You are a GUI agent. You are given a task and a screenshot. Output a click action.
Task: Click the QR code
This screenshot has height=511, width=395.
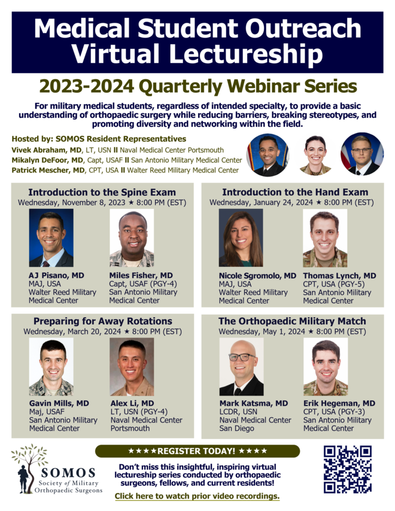tap(347, 469)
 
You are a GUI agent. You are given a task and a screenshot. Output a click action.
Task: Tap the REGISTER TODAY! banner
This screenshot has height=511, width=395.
tap(197, 451)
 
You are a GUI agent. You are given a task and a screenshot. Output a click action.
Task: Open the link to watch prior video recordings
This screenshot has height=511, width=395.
tap(197, 496)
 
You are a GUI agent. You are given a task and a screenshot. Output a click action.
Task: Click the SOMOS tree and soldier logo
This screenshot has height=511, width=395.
tap(29, 468)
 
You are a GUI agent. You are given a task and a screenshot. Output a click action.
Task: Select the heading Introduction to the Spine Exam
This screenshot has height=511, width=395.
tap(102, 192)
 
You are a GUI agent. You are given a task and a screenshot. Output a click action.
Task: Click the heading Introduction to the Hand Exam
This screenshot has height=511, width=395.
tap(295, 192)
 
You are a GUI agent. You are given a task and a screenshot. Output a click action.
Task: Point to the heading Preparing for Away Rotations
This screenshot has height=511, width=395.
tap(103, 321)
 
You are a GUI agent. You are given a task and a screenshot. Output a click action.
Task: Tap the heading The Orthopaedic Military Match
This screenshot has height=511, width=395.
tap(292, 321)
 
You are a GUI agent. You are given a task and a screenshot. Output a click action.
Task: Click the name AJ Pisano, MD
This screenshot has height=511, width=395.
tap(56, 275)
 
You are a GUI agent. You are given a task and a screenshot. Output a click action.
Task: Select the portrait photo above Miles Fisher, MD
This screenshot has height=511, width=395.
tap(132, 238)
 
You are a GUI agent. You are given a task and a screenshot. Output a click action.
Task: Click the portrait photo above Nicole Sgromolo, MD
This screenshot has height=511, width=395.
tap(241, 238)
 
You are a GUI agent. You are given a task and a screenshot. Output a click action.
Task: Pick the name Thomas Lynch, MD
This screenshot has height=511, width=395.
tap(339, 276)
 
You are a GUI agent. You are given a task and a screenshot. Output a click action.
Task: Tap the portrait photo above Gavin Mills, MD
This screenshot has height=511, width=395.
tap(51, 367)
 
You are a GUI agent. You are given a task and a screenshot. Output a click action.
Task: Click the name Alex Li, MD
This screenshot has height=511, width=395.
tap(132, 403)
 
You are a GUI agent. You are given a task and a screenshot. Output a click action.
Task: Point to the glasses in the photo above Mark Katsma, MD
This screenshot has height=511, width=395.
tap(242, 357)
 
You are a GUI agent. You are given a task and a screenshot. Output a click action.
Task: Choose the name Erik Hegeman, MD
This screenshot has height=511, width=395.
tap(339, 403)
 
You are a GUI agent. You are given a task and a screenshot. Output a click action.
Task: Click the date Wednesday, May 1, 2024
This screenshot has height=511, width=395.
tap(262, 331)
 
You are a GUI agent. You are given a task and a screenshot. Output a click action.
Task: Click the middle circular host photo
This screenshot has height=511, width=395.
tap(315, 154)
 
